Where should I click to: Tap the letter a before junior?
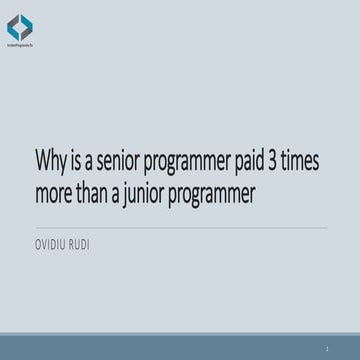(x=126, y=195)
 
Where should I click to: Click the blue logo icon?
(x=20, y=25)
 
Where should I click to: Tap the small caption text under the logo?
(x=20, y=46)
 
